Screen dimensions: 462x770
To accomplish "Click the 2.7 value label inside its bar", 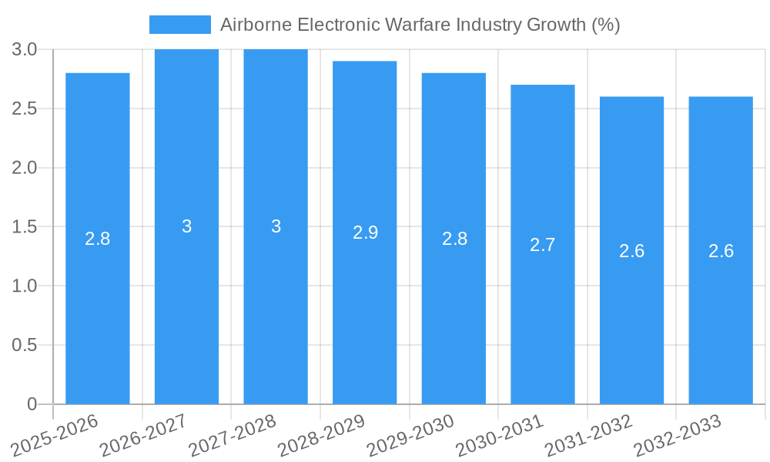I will (543, 245).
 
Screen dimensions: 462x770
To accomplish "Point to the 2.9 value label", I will (365, 233).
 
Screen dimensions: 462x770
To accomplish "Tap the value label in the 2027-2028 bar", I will (276, 226).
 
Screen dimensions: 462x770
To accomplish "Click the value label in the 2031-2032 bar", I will (631, 251).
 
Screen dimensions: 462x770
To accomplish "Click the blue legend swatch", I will (179, 25).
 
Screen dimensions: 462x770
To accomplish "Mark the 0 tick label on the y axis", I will (32, 404).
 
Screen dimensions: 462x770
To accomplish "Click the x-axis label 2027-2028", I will (233, 435).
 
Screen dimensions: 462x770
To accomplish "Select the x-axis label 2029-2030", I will (410, 435).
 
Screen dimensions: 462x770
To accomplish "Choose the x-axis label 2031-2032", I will (588, 435).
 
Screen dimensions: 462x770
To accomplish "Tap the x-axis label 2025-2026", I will (55, 435).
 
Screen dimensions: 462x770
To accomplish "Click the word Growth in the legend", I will (556, 25).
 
